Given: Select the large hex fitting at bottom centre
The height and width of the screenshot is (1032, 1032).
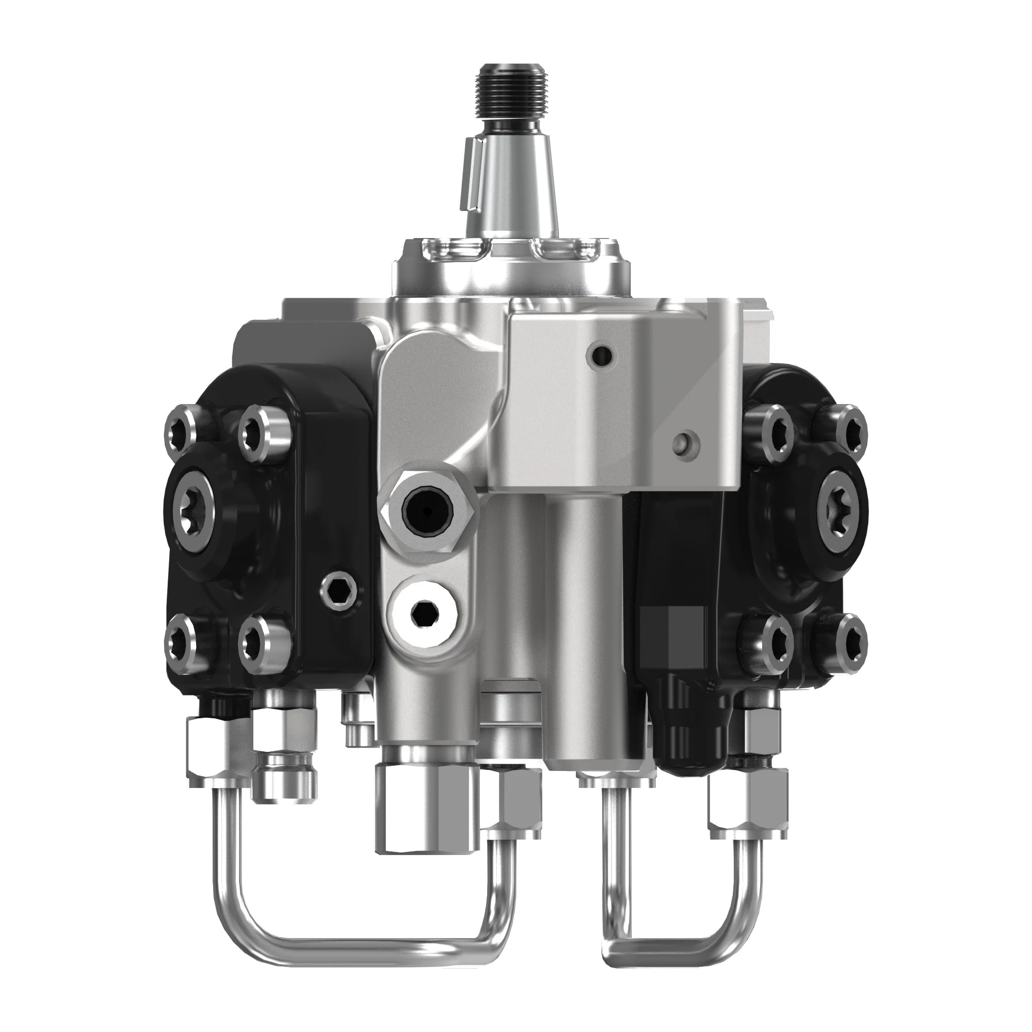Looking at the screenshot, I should [x=422, y=812].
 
